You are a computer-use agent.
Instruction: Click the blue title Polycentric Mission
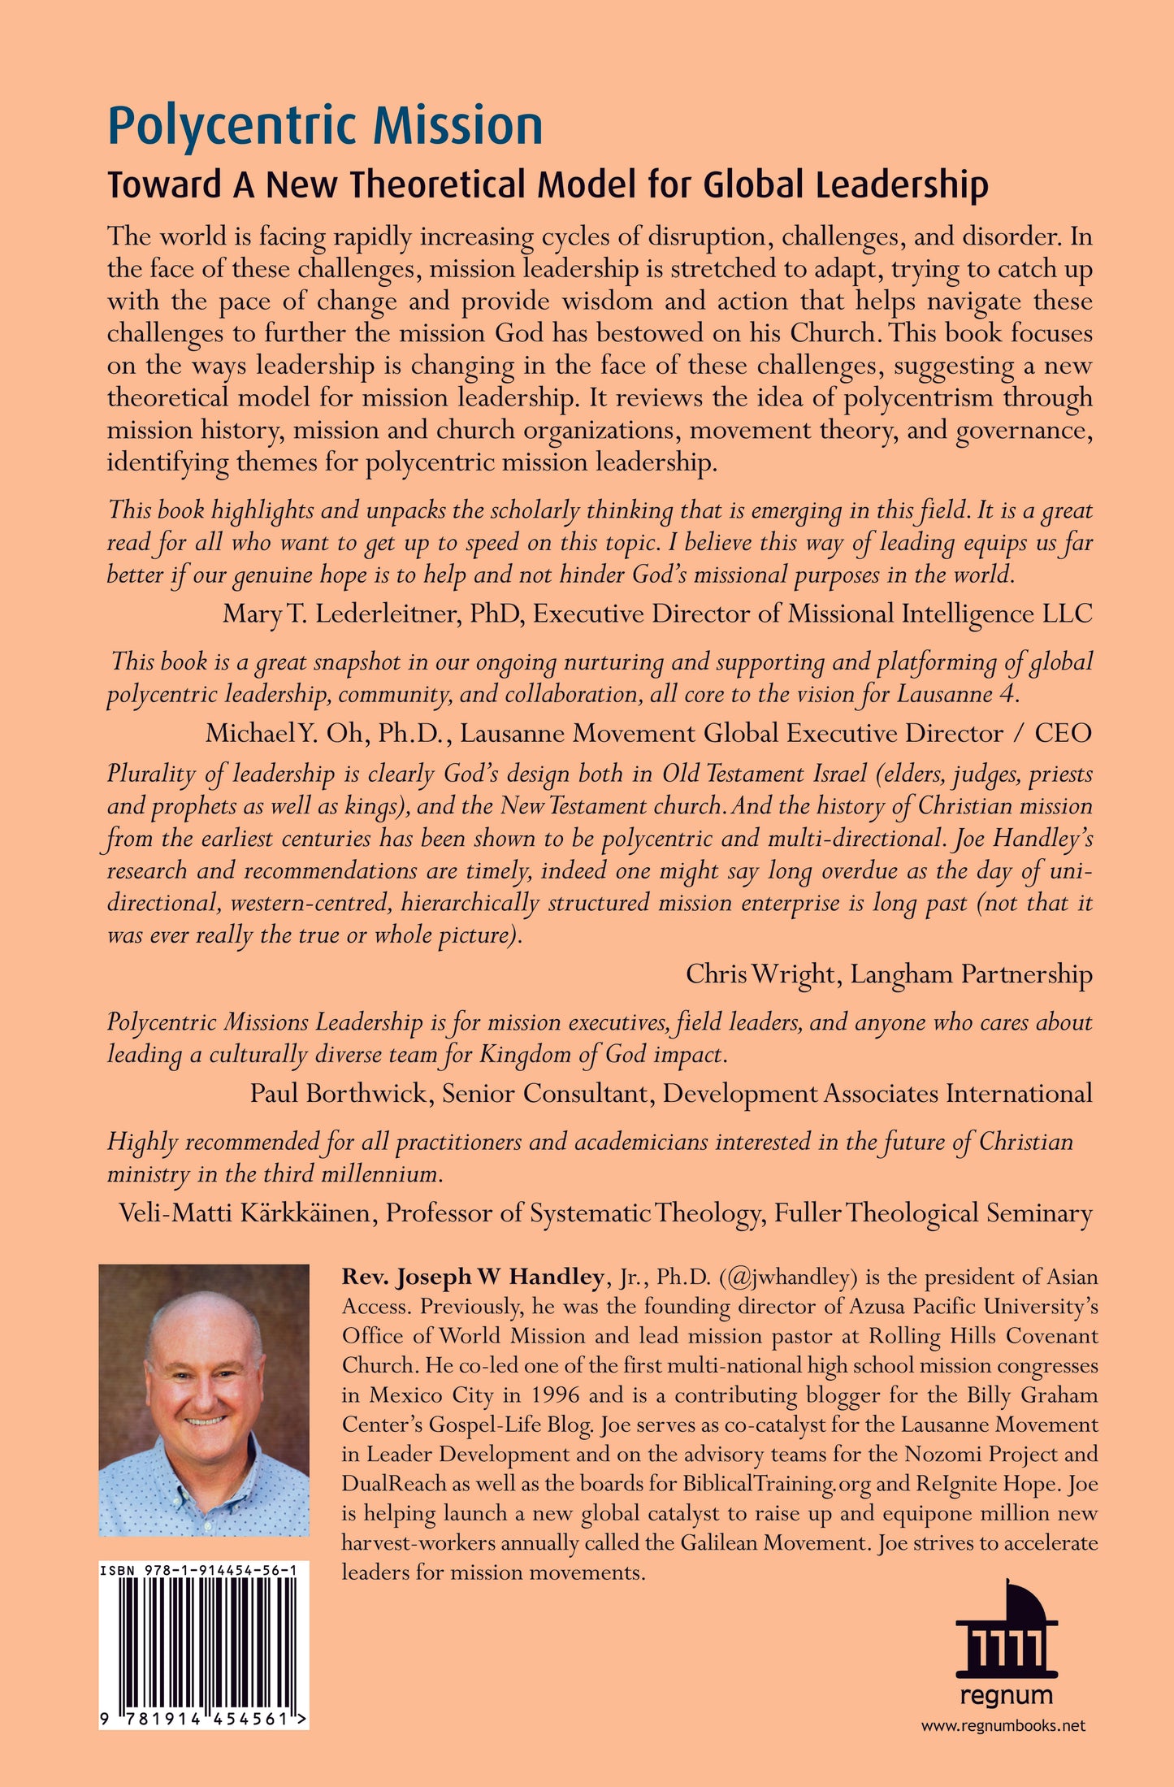point(325,126)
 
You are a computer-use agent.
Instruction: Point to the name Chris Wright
point(760,974)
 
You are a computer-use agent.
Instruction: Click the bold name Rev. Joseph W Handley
point(472,1277)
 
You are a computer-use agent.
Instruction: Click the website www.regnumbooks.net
point(1003,1726)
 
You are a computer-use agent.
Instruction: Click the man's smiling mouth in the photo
point(206,1421)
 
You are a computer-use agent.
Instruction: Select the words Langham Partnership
point(971,974)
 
